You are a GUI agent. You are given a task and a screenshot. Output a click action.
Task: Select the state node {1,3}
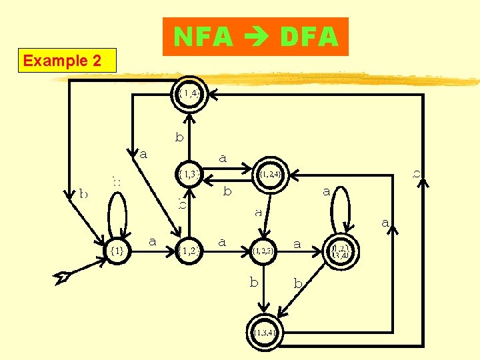pos(190,175)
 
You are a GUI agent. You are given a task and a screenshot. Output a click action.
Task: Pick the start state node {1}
pos(117,251)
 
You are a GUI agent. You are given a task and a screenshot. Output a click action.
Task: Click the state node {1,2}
pos(190,251)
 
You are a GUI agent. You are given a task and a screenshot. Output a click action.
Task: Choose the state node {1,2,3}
pos(264,251)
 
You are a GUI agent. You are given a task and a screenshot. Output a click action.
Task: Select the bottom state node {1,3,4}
pos(265,332)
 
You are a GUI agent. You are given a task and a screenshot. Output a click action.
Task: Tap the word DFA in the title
pos(309,37)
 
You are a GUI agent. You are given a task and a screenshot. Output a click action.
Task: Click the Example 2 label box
pos(63,61)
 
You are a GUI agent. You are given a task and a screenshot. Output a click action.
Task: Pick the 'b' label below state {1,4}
pos(179,138)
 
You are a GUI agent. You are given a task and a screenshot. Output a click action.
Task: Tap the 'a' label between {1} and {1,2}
pos(153,241)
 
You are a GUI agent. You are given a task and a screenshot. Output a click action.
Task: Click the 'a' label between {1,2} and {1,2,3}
pos(222,241)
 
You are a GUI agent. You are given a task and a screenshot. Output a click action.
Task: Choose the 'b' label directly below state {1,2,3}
pos(254,283)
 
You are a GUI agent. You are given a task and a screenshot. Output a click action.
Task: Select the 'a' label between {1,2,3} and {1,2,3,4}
pos(297,244)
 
